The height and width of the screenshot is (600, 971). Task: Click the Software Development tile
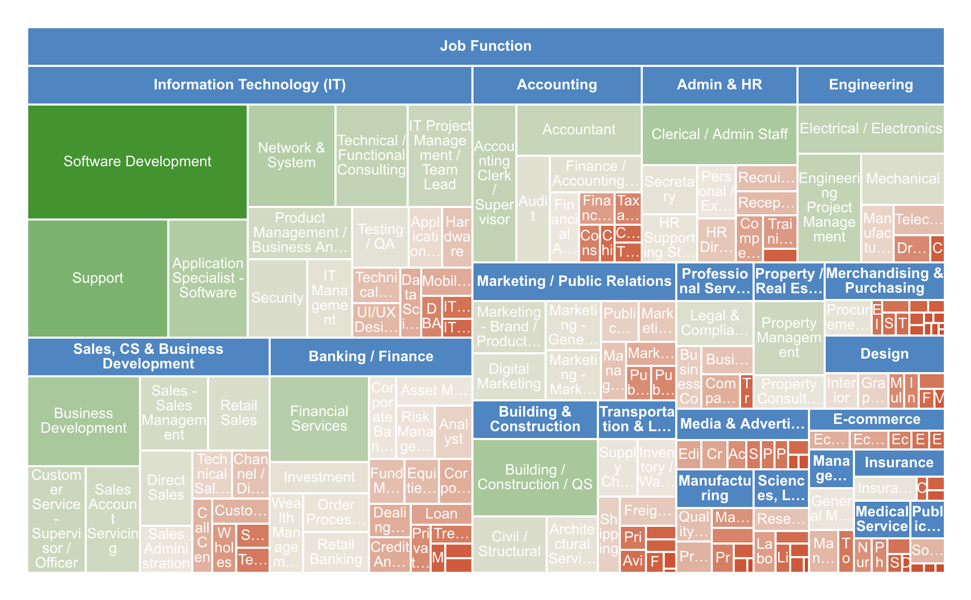pyautogui.click(x=137, y=161)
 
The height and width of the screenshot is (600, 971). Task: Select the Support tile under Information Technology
pyautogui.click(x=98, y=278)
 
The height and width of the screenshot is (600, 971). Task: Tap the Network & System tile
pyautogui.click(x=291, y=155)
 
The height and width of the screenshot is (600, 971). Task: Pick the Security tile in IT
pyautogui.click(x=277, y=298)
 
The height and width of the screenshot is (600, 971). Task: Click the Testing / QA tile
pyautogui.click(x=380, y=237)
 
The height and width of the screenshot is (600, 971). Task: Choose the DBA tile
pyautogui.click(x=431, y=316)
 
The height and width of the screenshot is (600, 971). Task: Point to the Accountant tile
pyautogui.click(x=579, y=130)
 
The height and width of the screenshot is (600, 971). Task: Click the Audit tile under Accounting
pyautogui.click(x=533, y=209)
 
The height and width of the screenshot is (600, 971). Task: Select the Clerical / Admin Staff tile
pyautogui.click(x=719, y=134)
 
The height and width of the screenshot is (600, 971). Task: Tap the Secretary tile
pyautogui.click(x=669, y=189)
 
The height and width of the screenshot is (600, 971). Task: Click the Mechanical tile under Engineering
pyautogui.click(x=903, y=179)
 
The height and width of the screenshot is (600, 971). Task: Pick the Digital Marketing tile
pyautogui.click(x=508, y=376)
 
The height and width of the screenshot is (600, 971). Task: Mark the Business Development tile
pyautogui.click(x=84, y=421)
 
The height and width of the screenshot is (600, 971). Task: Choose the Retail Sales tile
pyautogui.click(x=238, y=413)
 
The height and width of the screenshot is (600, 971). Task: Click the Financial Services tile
pyautogui.click(x=319, y=419)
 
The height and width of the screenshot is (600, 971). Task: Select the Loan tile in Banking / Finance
pyautogui.click(x=441, y=514)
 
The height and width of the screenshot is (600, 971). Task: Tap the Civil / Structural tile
pyautogui.click(x=509, y=544)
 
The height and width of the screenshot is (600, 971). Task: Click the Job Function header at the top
pyautogui.click(x=485, y=46)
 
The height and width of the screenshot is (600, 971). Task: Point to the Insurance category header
pyautogui.click(x=899, y=463)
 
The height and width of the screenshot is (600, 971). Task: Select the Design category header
pyautogui.click(x=884, y=354)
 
